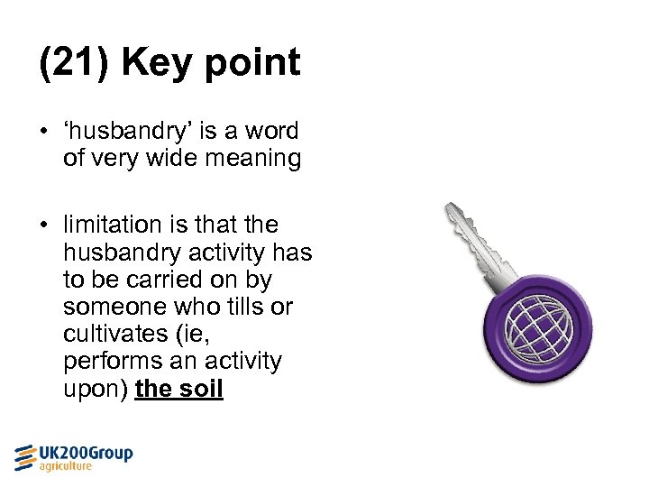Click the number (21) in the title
tap(75, 63)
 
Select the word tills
tap(239, 308)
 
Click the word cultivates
tap(113, 335)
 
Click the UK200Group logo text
tap(86, 453)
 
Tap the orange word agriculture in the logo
tap(65, 466)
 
